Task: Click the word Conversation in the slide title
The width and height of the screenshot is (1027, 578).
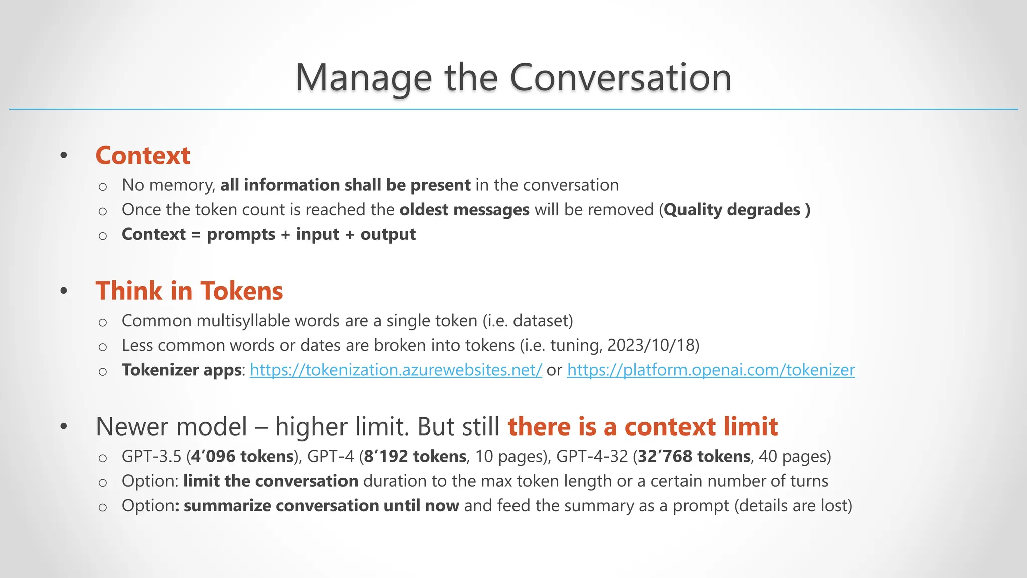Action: point(620,78)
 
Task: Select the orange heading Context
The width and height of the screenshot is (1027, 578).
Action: point(142,155)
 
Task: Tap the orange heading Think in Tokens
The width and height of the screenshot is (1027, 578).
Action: point(189,291)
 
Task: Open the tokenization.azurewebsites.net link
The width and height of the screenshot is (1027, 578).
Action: point(396,370)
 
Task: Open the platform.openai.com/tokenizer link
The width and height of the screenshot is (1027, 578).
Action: point(711,370)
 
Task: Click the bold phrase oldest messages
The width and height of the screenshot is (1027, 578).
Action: point(464,210)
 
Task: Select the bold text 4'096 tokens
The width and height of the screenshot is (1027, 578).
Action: point(242,456)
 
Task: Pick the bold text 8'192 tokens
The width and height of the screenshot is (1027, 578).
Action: point(415,456)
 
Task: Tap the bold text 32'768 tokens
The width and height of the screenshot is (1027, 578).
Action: point(694,456)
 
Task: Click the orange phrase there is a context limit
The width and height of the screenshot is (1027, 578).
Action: point(642,427)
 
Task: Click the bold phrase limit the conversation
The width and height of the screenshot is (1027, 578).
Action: point(270,481)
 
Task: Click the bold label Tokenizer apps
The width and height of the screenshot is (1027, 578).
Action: point(182,370)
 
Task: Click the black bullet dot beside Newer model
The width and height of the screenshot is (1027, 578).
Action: point(63,427)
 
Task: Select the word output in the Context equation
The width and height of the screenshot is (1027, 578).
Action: point(388,234)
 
